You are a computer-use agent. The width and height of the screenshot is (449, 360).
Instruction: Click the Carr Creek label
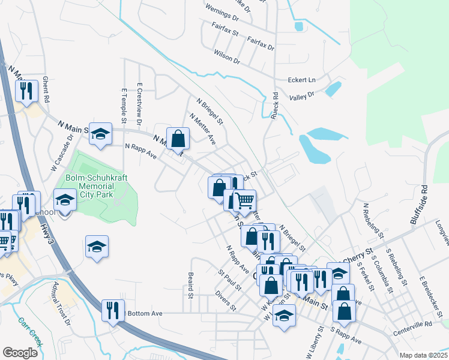tap(31, 332)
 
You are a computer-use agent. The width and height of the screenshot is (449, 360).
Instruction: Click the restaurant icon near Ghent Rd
tap(26, 91)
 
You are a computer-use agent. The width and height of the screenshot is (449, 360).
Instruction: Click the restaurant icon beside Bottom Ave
tap(112, 310)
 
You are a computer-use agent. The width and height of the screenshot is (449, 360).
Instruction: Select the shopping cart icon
tap(244, 200)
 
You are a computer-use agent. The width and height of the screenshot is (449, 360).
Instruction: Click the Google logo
tap(20, 353)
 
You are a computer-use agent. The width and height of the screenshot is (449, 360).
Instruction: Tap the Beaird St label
tap(190, 285)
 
